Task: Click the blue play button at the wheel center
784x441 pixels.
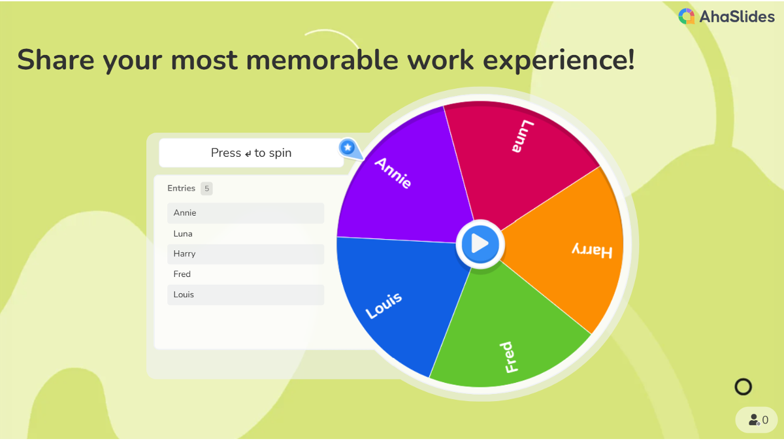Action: coord(480,244)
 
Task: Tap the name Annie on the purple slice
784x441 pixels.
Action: coord(393,173)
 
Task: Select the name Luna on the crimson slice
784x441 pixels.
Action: coord(523,136)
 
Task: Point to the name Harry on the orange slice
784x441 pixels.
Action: coord(592,251)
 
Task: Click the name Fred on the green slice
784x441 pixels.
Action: coord(509,357)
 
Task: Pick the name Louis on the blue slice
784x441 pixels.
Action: coord(384,305)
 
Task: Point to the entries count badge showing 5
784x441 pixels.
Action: coord(206,189)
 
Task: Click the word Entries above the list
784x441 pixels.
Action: coord(182,188)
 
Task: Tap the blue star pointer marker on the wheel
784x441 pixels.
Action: coord(348,148)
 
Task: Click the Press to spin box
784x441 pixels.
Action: coord(251,153)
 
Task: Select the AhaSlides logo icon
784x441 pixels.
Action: coord(687,16)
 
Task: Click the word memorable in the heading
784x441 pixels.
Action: coord(322,60)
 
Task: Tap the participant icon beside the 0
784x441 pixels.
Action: coord(754,419)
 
